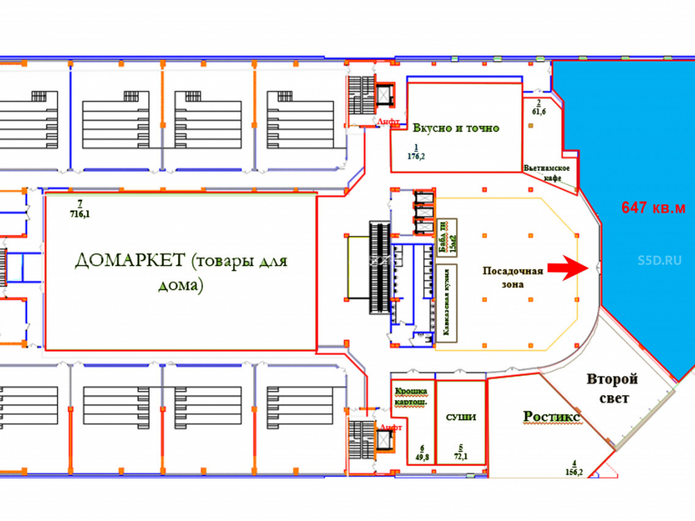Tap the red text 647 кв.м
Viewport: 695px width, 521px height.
(x=653, y=207)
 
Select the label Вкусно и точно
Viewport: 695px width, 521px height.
(x=456, y=129)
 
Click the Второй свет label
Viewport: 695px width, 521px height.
(x=612, y=389)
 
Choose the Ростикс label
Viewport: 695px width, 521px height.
(x=553, y=416)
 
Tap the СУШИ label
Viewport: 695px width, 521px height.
(x=461, y=417)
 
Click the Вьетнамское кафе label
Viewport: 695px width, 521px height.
(x=547, y=173)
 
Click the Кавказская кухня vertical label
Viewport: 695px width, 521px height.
(x=448, y=300)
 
